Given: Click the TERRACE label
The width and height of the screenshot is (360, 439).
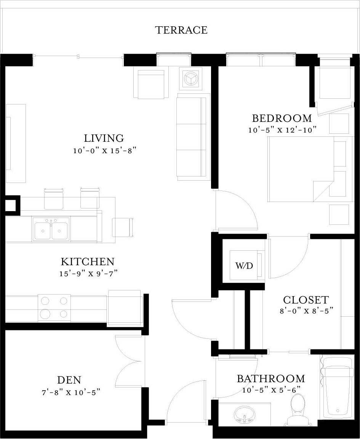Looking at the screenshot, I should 181,30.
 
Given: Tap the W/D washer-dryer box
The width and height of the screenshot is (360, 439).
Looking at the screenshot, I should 244,265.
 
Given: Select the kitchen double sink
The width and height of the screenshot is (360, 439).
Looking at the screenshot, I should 51,229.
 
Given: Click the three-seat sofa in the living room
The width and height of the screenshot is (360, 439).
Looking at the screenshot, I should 193,137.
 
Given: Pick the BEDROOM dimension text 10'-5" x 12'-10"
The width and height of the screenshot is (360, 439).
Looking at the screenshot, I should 283,130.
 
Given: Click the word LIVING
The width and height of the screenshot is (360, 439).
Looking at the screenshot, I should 104,138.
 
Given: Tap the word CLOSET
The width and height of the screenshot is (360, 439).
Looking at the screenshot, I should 306,300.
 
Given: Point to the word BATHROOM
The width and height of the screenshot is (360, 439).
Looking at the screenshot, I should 271,379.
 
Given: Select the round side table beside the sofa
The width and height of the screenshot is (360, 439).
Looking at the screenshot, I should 190,79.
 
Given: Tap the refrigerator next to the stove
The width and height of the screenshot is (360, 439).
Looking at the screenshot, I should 125,307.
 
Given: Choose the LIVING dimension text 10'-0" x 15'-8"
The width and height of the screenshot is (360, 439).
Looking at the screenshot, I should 104,151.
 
